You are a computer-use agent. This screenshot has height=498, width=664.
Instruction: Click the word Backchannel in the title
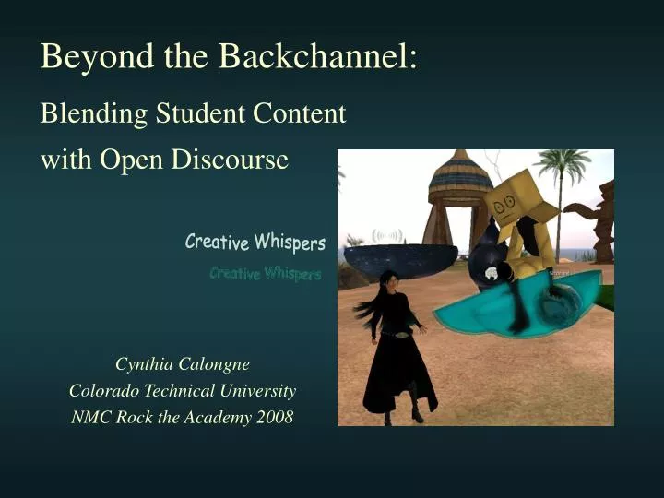(x=318, y=56)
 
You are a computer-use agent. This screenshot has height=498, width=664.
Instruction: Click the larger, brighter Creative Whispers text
(x=255, y=243)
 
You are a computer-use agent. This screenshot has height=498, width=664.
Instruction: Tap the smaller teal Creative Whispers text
(x=265, y=273)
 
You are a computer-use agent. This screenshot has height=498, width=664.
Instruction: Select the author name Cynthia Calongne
(x=183, y=363)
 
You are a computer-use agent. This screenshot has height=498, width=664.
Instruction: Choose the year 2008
(x=274, y=417)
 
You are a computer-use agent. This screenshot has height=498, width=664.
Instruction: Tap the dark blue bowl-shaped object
(x=401, y=259)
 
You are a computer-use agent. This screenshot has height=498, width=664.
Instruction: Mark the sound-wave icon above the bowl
(x=386, y=235)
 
